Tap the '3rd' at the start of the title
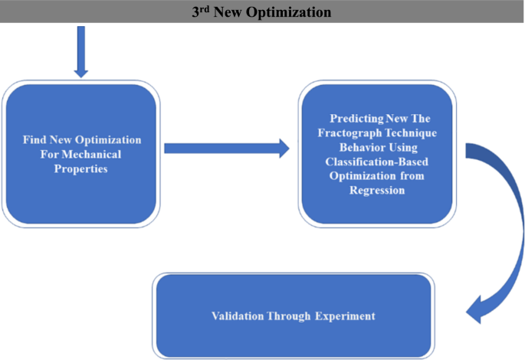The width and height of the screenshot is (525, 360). pyautogui.click(x=202, y=11)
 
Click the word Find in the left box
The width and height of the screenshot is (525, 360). pyautogui.click(x=34, y=141)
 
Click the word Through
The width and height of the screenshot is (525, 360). pyautogui.click(x=290, y=316)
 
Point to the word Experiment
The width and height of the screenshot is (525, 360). pyautogui.click(x=343, y=316)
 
